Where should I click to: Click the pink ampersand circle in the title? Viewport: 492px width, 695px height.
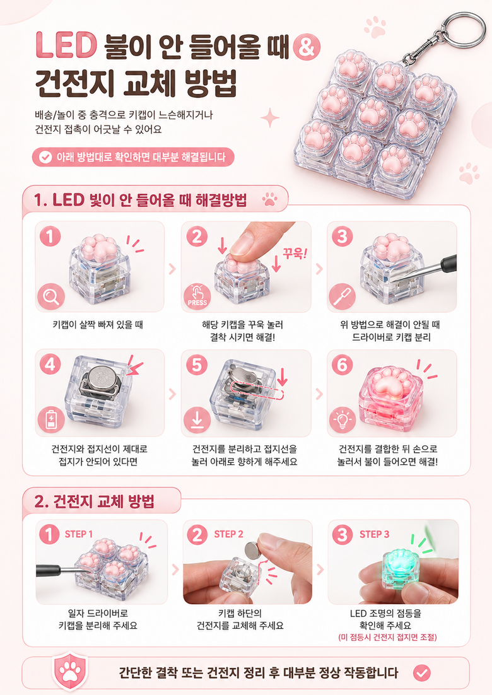[307, 46]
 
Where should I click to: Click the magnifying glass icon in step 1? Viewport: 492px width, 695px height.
[51, 296]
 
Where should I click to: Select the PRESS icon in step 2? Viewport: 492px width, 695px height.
[197, 296]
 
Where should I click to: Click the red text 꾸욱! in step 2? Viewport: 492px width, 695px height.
[295, 253]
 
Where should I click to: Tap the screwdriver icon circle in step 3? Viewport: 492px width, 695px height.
[342, 297]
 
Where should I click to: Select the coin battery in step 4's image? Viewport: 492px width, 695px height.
[101, 380]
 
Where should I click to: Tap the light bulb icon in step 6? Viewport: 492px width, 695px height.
[342, 420]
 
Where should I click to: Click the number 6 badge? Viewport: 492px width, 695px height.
[342, 365]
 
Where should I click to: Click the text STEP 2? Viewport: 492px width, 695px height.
[229, 534]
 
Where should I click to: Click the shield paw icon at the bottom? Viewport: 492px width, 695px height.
[69, 671]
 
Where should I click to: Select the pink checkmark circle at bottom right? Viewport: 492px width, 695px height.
[421, 674]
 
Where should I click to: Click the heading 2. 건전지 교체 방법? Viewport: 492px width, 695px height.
[95, 502]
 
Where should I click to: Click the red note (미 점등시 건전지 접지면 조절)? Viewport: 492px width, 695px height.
[387, 638]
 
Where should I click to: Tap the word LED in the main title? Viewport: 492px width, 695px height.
[66, 45]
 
